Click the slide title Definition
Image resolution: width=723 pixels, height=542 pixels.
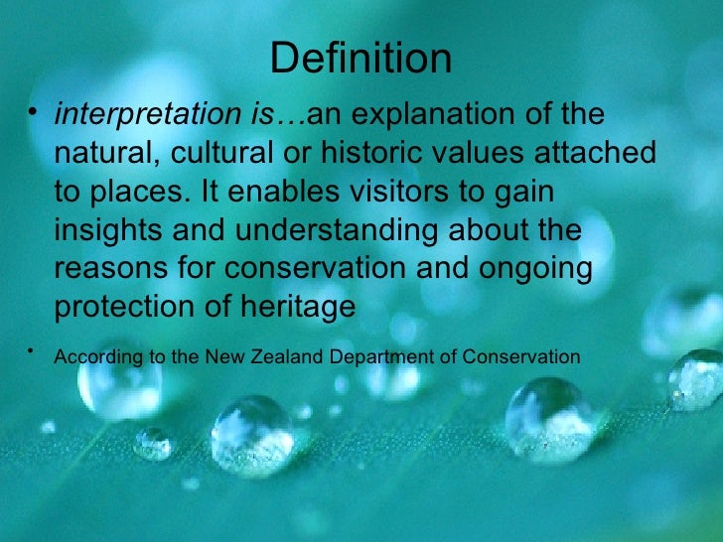tap(361, 59)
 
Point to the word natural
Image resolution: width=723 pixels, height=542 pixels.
tap(96, 154)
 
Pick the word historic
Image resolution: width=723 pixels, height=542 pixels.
tap(377, 154)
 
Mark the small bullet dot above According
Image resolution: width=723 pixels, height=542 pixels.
tap(33, 349)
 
